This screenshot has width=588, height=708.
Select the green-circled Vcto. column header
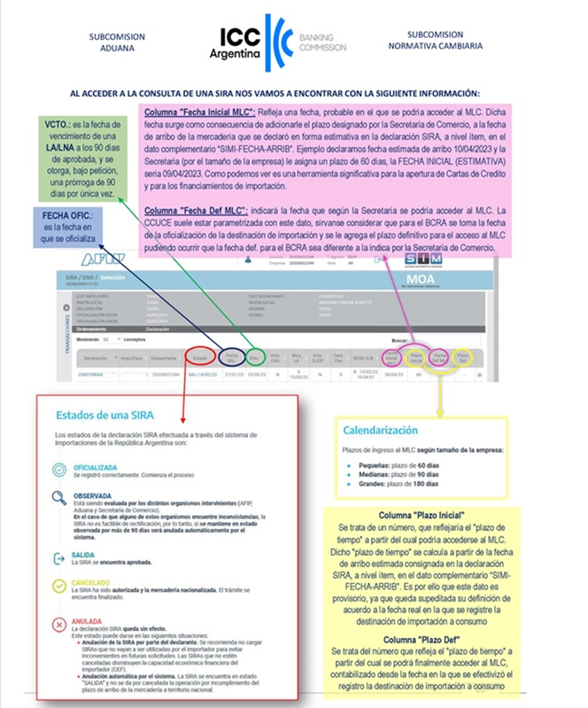pyautogui.click(x=253, y=358)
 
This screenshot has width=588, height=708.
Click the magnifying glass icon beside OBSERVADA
pyautogui.click(x=58, y=499)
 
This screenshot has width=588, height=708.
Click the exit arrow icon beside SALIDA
pyautogui.click(x=58, y=556)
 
